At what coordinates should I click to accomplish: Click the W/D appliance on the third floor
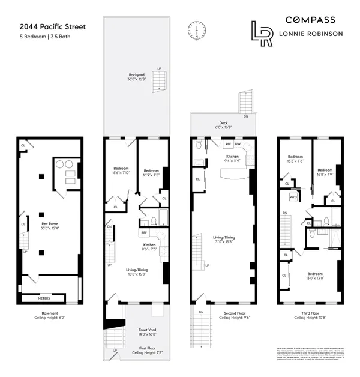click(292, 196)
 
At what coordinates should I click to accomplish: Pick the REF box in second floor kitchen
click(229, 144)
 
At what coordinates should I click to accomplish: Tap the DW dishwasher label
click(238, 144)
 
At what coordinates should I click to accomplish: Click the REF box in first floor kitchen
click(145, 232)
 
